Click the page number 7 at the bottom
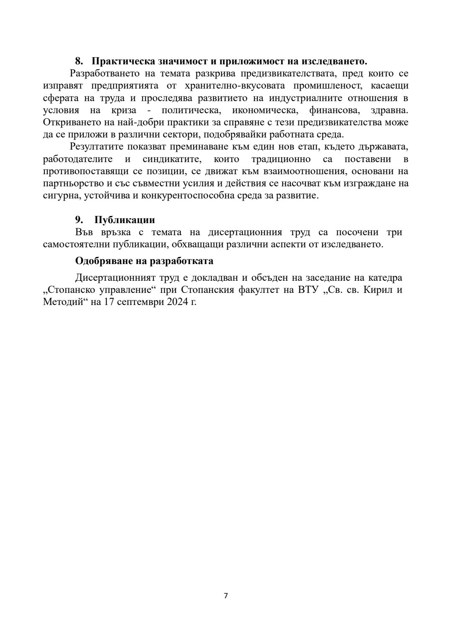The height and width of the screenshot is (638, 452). click(226, 595)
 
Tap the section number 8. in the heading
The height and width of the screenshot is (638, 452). click(80, 61)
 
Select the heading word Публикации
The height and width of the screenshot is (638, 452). click(125, 220)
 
